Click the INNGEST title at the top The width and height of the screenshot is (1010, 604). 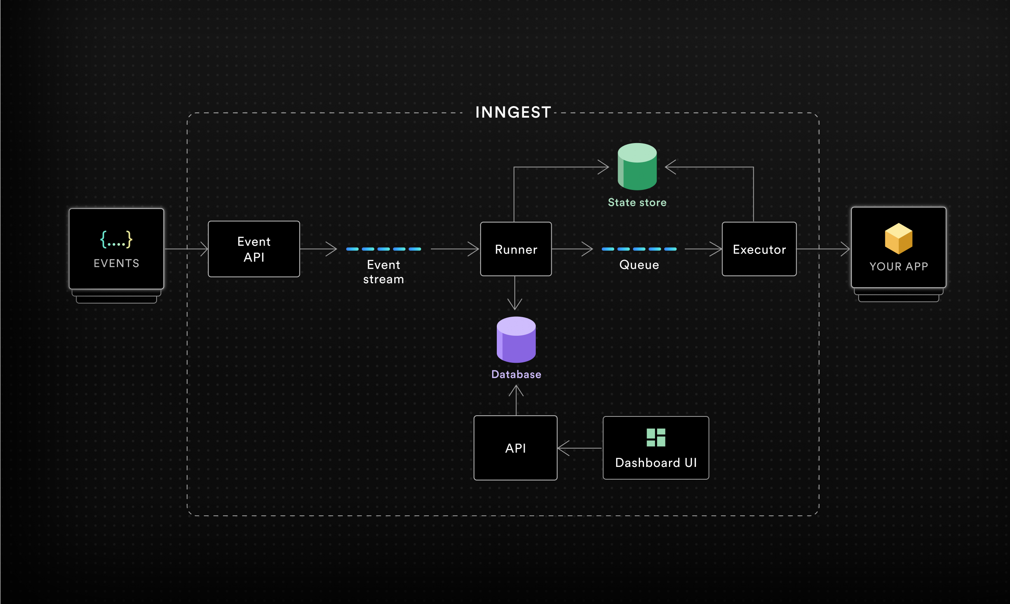pos(513,112)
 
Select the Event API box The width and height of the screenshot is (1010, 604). pos(254,249)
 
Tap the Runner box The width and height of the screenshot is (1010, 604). pos(516,249)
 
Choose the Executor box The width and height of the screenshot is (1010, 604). pos(759,249)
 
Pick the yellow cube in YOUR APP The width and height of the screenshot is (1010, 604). pos(898,238)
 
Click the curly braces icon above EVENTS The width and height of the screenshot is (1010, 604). pos(116,239)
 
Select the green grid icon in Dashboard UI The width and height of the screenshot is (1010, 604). pos(656,437)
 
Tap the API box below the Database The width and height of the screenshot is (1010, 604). pos(516,448)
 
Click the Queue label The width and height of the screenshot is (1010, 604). pos(639,265)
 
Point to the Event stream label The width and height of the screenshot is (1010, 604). pos(384,272)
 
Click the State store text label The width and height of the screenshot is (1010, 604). pos(637,202)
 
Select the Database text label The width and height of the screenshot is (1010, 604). pos(516,374)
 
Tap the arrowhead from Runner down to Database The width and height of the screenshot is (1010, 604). pos(515,305)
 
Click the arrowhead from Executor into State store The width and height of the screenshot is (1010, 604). pos(670,167)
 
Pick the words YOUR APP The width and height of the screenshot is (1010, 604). pos(898,266)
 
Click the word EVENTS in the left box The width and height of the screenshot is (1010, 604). pos(116,263)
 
